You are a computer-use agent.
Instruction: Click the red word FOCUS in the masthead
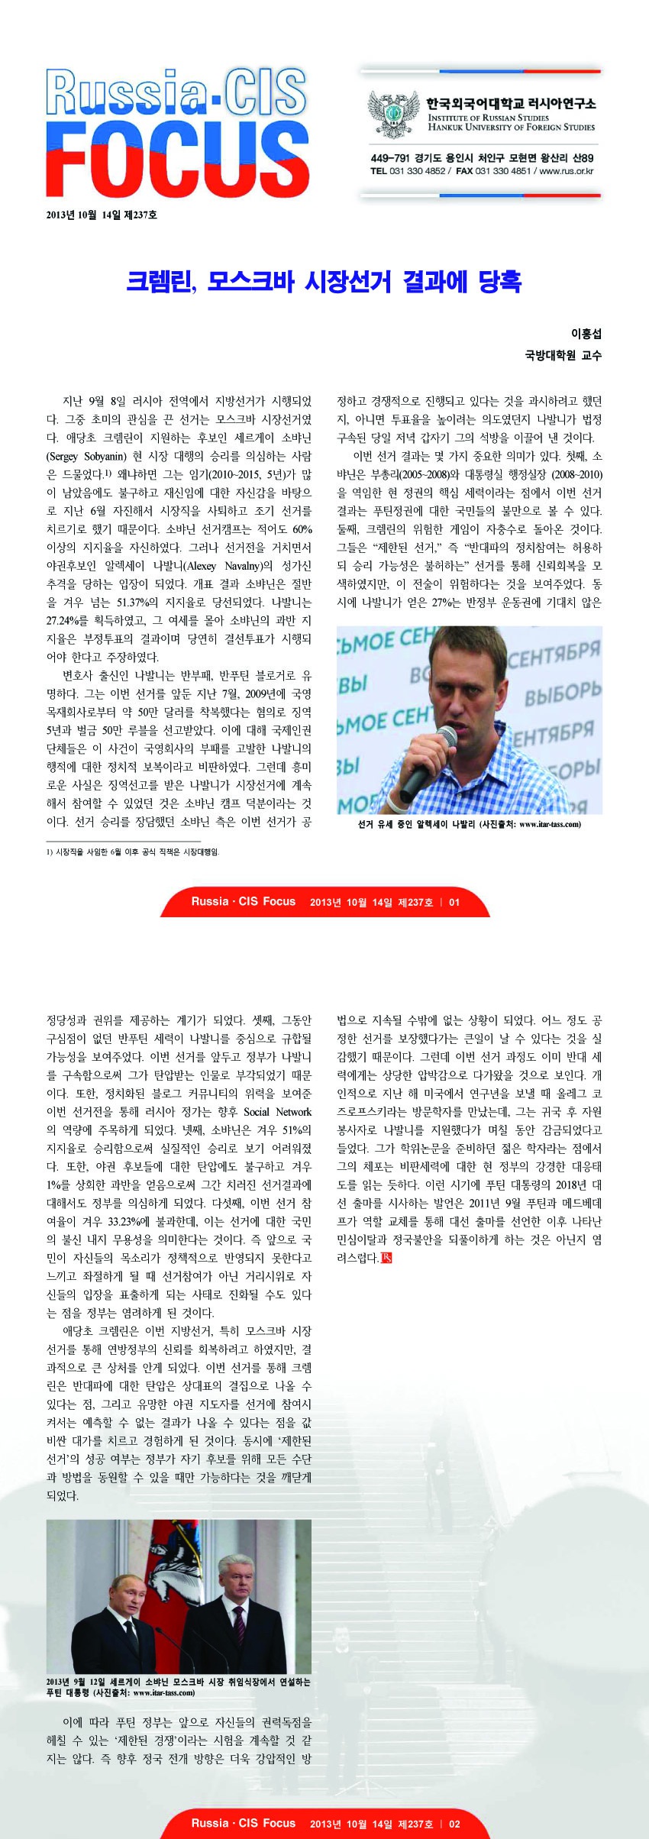177,162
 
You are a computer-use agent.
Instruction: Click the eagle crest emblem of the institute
394,115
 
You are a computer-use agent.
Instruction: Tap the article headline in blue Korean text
324,281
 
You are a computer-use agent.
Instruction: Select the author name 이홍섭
586,334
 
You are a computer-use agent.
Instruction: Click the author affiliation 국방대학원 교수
563,354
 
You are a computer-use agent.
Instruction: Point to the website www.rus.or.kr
566,171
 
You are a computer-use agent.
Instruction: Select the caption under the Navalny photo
469,824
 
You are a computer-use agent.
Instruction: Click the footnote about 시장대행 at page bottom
137,852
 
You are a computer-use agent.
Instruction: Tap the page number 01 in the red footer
454,902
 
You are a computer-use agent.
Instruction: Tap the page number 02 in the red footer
454,1823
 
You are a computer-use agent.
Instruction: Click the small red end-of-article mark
386,1258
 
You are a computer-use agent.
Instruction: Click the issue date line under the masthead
102,215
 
